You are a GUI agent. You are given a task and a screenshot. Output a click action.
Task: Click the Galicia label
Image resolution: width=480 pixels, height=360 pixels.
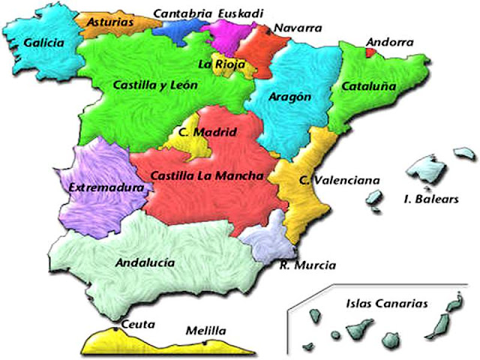click(x=43, y=43)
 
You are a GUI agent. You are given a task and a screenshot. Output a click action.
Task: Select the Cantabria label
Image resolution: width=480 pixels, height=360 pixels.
click(x=181, y=13)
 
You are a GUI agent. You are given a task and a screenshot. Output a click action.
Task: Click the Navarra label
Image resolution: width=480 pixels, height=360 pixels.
click(x=297, y=28)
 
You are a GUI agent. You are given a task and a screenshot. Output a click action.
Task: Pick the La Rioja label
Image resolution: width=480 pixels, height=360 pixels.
click(x=221, y=64)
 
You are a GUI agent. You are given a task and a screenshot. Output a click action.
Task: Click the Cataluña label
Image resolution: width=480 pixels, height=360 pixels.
click(x=368, y=86)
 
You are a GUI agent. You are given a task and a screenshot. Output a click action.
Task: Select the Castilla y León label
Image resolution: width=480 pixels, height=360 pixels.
click(x=155, y=85)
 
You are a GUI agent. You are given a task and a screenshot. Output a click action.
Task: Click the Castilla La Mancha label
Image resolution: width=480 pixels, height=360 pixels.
click(x=207, y=177)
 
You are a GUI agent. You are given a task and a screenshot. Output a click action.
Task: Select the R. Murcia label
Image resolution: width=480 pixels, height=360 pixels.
click(x=307, y=265)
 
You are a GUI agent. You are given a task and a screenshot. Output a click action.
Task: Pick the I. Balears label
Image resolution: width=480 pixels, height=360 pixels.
click(x=427, y=199)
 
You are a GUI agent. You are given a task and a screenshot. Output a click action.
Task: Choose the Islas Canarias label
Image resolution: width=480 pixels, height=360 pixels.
click(x=387, y=304)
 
